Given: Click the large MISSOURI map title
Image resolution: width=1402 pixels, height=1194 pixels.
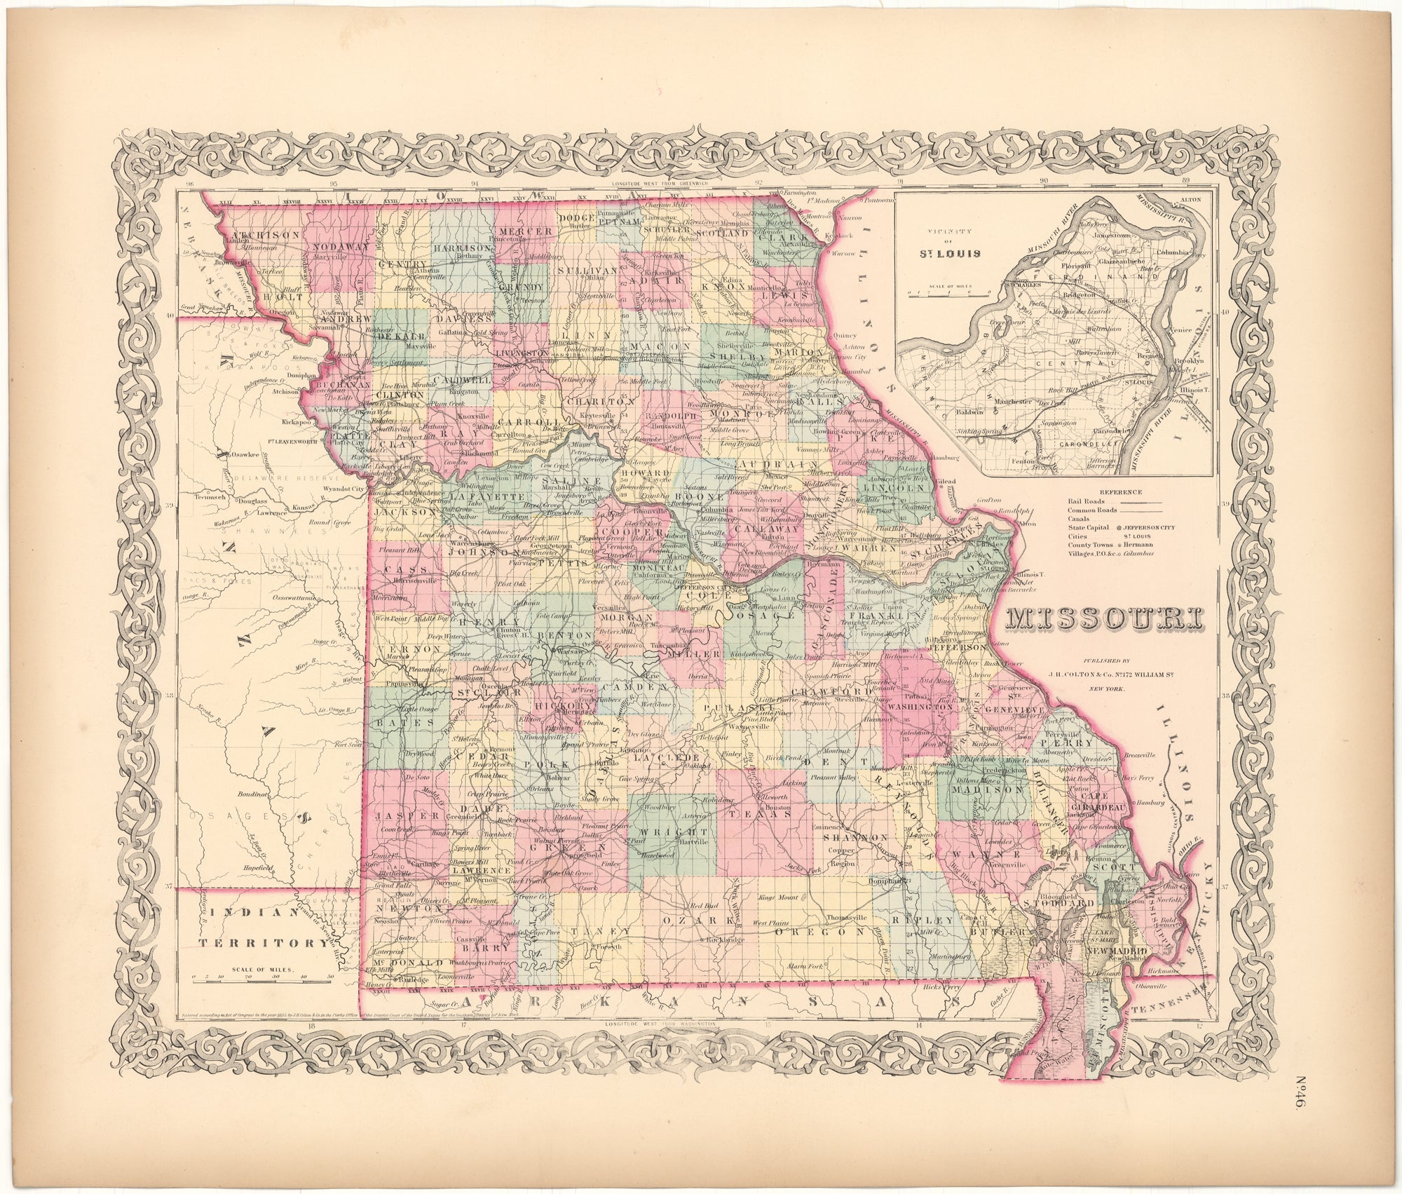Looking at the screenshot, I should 1103,619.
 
